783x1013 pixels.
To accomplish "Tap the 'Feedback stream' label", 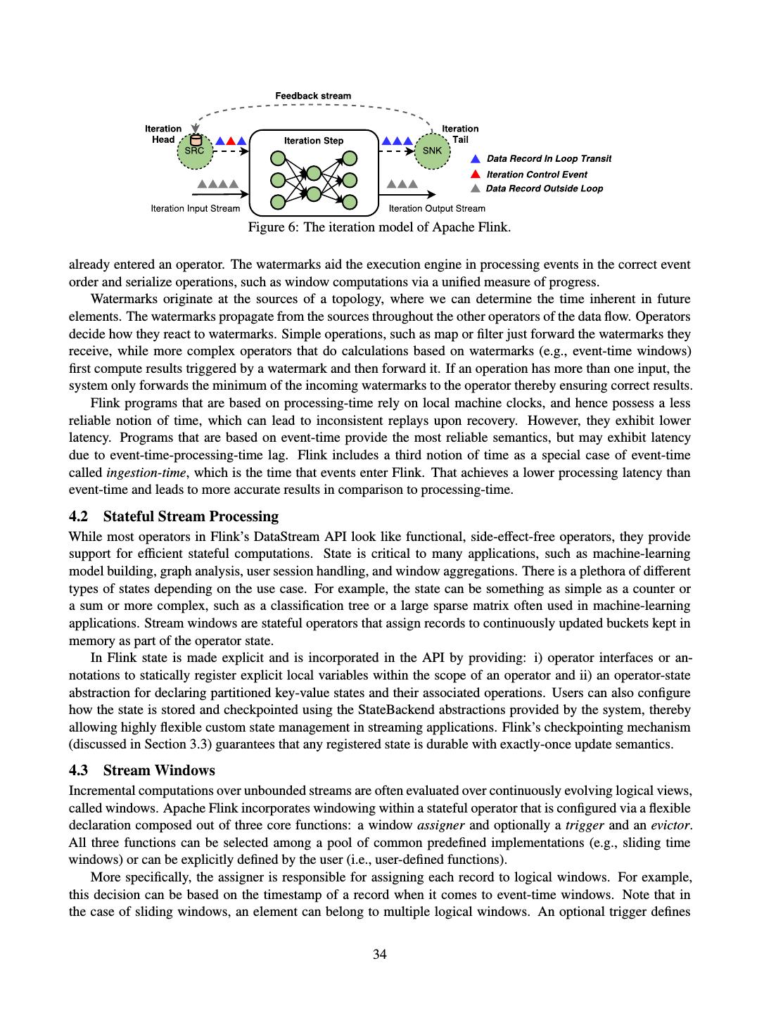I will [313, 96].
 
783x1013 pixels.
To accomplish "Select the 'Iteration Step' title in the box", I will [314, 141].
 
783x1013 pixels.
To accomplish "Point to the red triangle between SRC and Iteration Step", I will [230, 141].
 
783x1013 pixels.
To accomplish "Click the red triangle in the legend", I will [476, 174].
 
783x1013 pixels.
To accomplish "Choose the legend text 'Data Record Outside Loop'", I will [544, 189].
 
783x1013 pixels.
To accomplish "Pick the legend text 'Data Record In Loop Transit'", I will [549, 159].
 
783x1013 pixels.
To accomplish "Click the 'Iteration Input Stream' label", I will [196, 208].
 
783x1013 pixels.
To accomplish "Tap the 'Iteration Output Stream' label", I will [437, 208].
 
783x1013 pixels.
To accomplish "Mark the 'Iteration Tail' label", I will [460, 134].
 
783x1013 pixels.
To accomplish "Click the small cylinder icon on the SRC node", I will [196, 140].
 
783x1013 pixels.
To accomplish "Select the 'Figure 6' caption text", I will [379, 227].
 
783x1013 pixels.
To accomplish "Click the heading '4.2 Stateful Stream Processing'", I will [174, 516].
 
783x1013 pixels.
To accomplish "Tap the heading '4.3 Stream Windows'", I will [142, 770].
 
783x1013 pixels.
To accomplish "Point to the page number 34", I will [380, 955].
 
